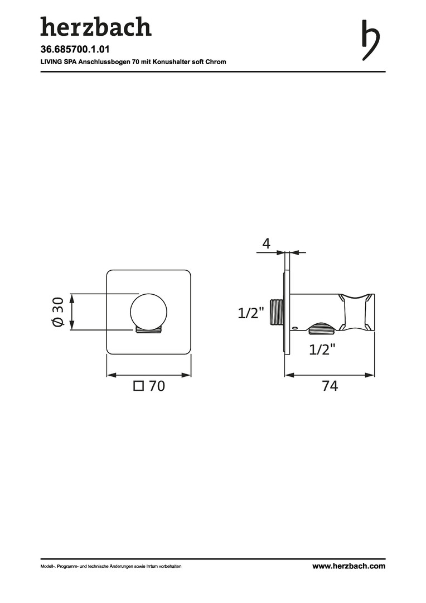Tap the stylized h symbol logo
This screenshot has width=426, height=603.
click(x=371, y=40)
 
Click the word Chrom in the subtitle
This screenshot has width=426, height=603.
click(x=216, y=61)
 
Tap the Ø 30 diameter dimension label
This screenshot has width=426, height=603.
click(x=57, y=312)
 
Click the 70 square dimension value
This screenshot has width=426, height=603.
click(x=157, y=386)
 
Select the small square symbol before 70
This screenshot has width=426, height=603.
click(x=138, y=386)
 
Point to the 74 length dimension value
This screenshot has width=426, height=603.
click(x=330, y=386)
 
